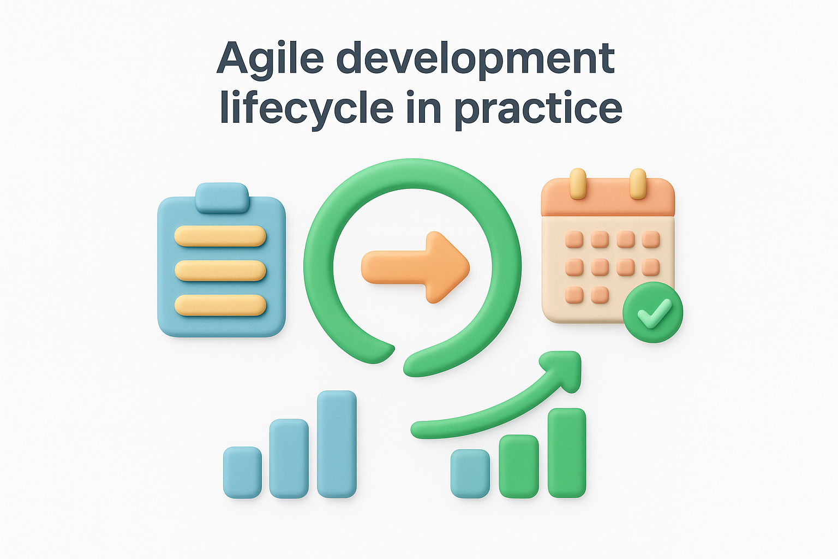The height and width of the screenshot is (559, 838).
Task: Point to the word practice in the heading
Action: (538, 108)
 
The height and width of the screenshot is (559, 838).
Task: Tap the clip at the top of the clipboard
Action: (222, 198)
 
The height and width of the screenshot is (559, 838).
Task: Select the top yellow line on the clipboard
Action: (220, 236)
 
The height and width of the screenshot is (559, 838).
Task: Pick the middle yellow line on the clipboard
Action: (220, 271)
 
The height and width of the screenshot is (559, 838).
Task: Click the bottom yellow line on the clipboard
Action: (220, 305)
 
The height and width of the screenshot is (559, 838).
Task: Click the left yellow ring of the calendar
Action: (578, 183)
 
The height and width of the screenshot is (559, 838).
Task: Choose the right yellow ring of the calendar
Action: (638, 183)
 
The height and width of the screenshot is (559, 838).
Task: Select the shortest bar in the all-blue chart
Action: (242, 472)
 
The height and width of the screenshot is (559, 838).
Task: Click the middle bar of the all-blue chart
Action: (289, 458)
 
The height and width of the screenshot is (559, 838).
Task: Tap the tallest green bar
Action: (567, 453)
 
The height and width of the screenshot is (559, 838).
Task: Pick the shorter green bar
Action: (519, 466)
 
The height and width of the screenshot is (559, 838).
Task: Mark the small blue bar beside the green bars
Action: (470, 473)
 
